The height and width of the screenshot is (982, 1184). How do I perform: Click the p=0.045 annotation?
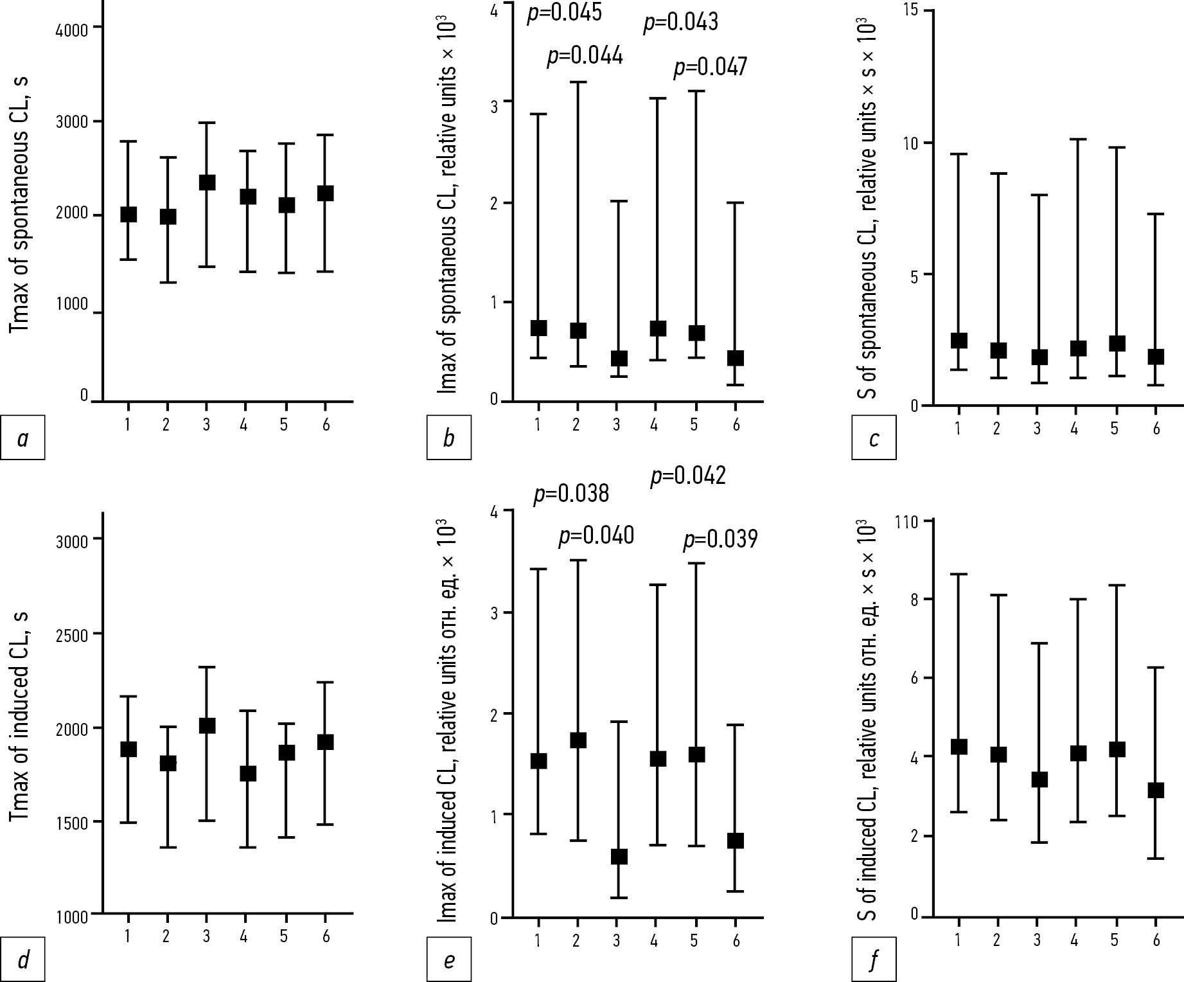click(x=564, y=12)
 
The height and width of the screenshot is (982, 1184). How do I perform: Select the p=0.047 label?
click(x=710, y=66)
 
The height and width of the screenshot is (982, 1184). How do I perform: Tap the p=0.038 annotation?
click(x=571, y=494)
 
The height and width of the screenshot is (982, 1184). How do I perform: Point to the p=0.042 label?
click(x=688, y=476)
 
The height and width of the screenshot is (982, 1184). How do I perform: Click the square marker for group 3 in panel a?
click(x=206, y=183)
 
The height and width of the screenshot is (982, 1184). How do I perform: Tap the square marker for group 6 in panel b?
click(x=736, y=358)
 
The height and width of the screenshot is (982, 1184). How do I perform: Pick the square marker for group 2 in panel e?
click(x=577, y=740)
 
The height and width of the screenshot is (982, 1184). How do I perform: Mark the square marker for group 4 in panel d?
click(x=248, y=774)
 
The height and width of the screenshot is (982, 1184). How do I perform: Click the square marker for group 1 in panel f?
click(x=959, y=747)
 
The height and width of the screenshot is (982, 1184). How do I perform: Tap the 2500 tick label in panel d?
click(x=71, y=634)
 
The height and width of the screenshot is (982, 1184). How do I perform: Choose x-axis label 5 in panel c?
click(x=1115, y=427)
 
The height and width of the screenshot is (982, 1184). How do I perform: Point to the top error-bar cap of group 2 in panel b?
click(x=577, y=82)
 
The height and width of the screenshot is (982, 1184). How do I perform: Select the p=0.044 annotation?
click(x=585, y=56)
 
